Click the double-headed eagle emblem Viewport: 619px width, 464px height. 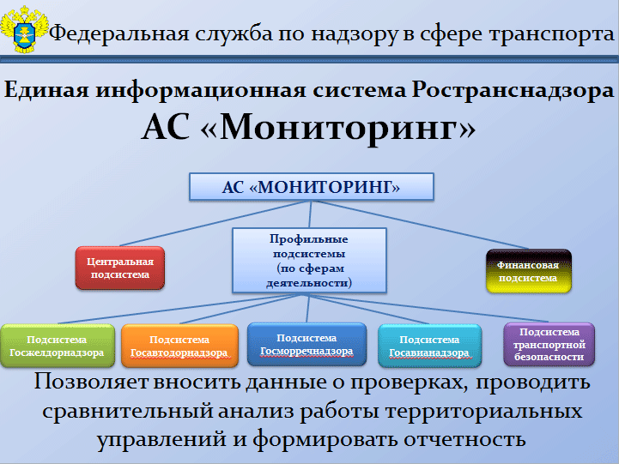point(25,29)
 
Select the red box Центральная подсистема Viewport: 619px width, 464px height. point(120,268)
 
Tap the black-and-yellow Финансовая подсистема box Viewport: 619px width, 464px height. point(529,271)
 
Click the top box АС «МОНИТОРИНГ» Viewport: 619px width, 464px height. point(312,187)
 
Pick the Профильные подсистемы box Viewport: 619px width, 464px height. point(309,261)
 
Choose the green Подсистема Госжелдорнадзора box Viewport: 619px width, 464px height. point(58,346)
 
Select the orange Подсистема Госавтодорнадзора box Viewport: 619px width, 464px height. point(179,346)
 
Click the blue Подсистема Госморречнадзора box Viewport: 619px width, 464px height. point(306,345)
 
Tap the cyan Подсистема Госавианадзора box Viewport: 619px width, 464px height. point(430,346)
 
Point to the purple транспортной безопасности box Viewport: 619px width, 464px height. point(549,345)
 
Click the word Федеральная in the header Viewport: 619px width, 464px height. point(118,33)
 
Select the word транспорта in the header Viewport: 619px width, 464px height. point(551,34)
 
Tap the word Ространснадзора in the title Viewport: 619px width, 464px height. point(513,91)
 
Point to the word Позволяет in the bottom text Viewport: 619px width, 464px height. point(91,382)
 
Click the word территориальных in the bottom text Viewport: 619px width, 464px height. point(483,411)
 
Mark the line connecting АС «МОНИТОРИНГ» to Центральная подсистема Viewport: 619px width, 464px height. point(215,224)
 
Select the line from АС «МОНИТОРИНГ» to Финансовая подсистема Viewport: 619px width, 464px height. point(420,225)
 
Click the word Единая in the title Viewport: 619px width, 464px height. point(46,90)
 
